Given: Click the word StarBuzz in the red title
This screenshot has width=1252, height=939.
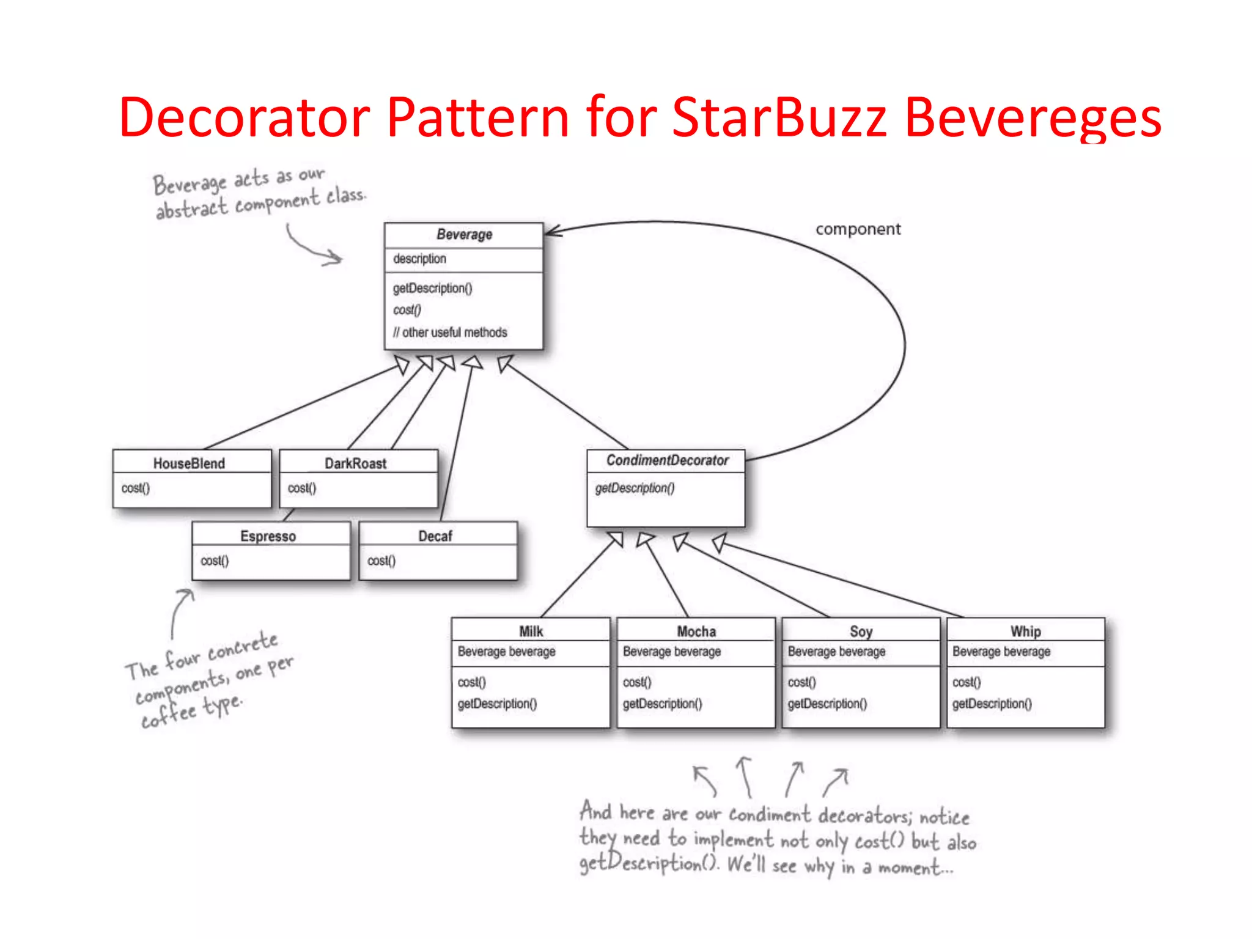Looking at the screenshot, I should tap(779, 117).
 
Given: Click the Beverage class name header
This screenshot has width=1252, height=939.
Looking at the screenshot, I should tap(464, 234).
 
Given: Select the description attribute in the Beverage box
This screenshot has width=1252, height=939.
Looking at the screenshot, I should tap(419, 259).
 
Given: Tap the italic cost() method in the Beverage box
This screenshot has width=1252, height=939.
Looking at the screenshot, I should tap(407, 310).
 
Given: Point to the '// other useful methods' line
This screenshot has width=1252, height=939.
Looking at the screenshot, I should tap(450, 333).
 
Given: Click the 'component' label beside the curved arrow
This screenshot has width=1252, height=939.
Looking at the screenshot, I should tap(858, 229).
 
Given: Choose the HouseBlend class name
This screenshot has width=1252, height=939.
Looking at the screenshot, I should tap(189, 463).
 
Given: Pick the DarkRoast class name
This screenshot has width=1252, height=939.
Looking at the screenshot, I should tap(355, 463).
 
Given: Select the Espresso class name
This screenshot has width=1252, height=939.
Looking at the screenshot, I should tap(268, 536).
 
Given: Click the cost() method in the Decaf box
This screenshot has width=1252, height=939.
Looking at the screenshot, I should tap(381, 561).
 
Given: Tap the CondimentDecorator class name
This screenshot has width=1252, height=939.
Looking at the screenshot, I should tap(668, 460).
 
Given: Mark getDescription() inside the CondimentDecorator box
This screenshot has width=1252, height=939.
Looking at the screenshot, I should tap(635, 488).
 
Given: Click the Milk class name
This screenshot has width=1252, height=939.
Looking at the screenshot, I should tap(531, 631).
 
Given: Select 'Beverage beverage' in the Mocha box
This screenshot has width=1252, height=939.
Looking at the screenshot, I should tap(671, 652).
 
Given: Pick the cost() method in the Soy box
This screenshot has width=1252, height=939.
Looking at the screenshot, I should tap(801, 682).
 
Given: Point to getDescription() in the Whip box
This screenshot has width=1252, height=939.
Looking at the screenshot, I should tap(992, 704).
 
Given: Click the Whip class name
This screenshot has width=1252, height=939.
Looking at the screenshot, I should tap(1025, 631).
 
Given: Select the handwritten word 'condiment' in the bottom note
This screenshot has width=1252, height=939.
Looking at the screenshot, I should tap(770, 815).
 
